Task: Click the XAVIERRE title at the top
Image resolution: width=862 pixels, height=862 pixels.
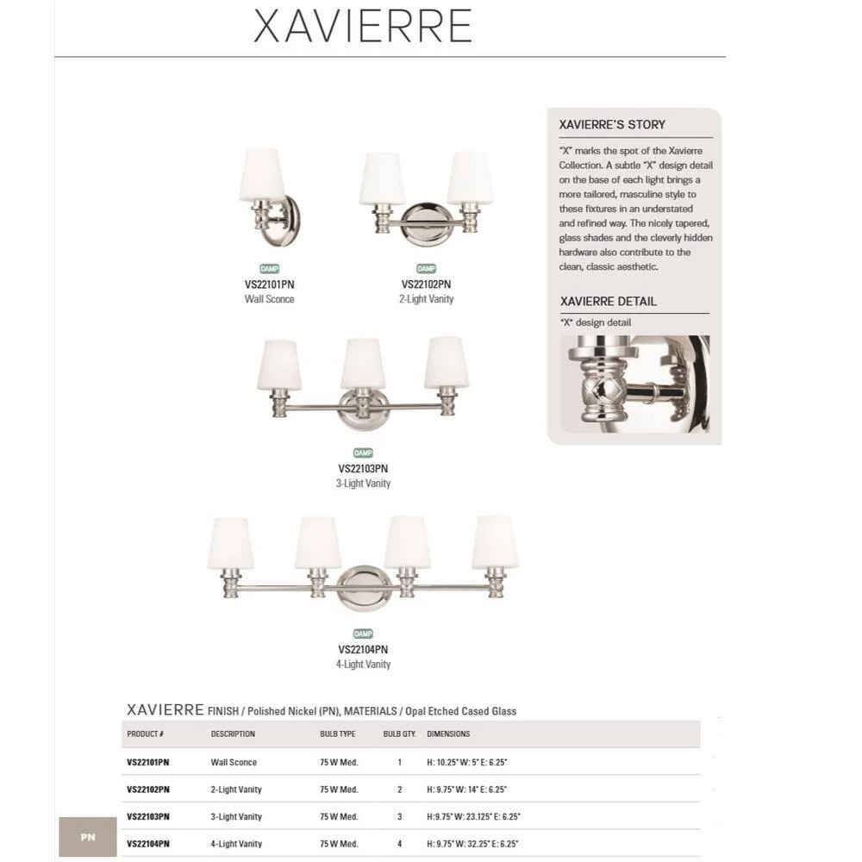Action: coord(363,27)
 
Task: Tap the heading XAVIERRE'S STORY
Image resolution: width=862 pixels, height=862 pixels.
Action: coord(612,124)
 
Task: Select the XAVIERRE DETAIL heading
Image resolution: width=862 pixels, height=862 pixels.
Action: coord(608,302)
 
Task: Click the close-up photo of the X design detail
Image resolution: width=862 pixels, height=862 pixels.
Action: coord(634,384)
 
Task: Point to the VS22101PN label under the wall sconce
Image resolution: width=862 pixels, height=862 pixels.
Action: coord(269,284)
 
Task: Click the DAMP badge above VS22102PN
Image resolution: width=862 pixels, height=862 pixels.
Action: coord(426,269)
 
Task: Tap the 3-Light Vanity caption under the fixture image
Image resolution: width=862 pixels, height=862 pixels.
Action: coord(363,484)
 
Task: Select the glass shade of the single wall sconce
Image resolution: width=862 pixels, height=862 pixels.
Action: coord(262,175)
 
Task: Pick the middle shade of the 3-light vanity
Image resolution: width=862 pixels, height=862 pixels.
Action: coord(362,364)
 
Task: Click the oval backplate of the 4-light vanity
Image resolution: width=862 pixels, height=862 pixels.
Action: coord(364,587)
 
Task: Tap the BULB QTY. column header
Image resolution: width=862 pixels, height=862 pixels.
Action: coord(399,734)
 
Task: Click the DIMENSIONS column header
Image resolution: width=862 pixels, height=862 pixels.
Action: coord(448,734)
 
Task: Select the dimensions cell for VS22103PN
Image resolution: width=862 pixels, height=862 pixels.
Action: coord(473,816)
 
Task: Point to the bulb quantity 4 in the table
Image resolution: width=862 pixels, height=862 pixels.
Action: coord(400,844)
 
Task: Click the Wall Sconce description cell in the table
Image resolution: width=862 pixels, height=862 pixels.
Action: coord(234,763)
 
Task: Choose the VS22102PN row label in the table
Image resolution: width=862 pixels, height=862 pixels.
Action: coord(148,790)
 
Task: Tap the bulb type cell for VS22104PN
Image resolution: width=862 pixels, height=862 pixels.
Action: coord(339,844)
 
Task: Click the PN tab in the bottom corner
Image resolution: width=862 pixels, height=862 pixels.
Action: coord(88,837)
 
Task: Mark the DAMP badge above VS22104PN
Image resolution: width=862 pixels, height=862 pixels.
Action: coord(363,634)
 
